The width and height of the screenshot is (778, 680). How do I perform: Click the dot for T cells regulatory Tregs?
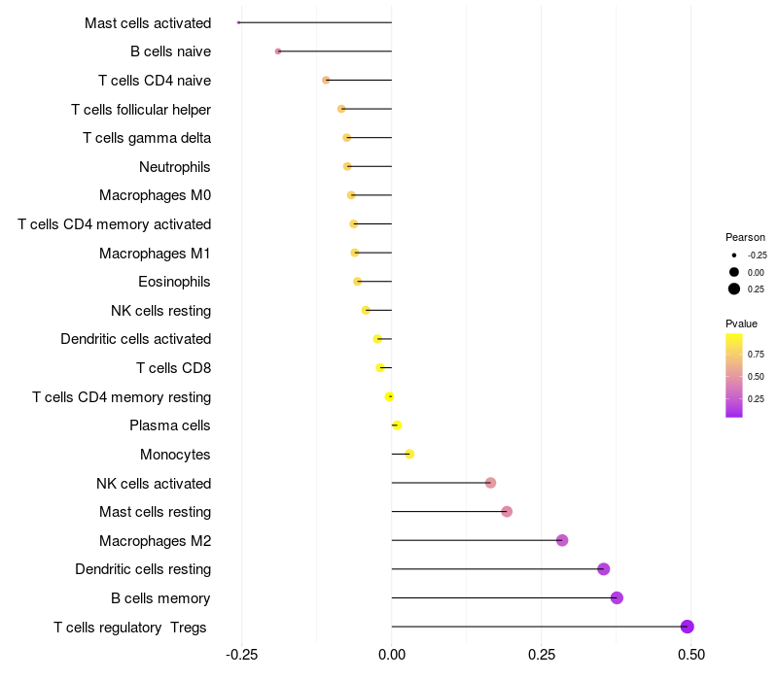coord(688,627)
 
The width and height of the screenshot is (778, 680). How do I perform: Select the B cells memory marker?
coord(617,597)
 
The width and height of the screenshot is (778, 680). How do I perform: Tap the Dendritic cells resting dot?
coord(603,569)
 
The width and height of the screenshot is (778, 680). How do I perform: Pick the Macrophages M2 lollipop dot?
coord(562,540)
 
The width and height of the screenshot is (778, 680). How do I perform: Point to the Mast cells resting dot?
coord(507,512)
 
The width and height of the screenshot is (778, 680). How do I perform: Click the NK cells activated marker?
coord(490,483)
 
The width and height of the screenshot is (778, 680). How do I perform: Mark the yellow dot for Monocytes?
coord(409,454)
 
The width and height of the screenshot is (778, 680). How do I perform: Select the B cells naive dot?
coord(278,51)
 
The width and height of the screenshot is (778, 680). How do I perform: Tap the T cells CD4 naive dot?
coord(326,80)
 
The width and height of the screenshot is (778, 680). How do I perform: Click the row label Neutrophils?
coord(175,167)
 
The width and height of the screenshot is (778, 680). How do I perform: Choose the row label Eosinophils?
coord(175,282)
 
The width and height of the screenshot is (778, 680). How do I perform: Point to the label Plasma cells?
coord(170,425)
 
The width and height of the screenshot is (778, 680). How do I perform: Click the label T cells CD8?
coord(174,368)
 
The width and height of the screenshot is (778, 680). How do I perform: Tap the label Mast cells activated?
coord(148,22)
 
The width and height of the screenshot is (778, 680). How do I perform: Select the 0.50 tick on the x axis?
coord(690,656)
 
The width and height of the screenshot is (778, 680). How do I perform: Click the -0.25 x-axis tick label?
coord(241,656)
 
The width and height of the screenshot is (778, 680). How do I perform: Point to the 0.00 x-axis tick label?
coord(391,656)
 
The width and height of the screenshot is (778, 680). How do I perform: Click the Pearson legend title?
coord(745,237)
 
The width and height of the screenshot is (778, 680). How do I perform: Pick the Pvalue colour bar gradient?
coord(734,375)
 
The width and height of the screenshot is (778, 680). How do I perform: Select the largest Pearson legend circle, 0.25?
coord(734,289)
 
